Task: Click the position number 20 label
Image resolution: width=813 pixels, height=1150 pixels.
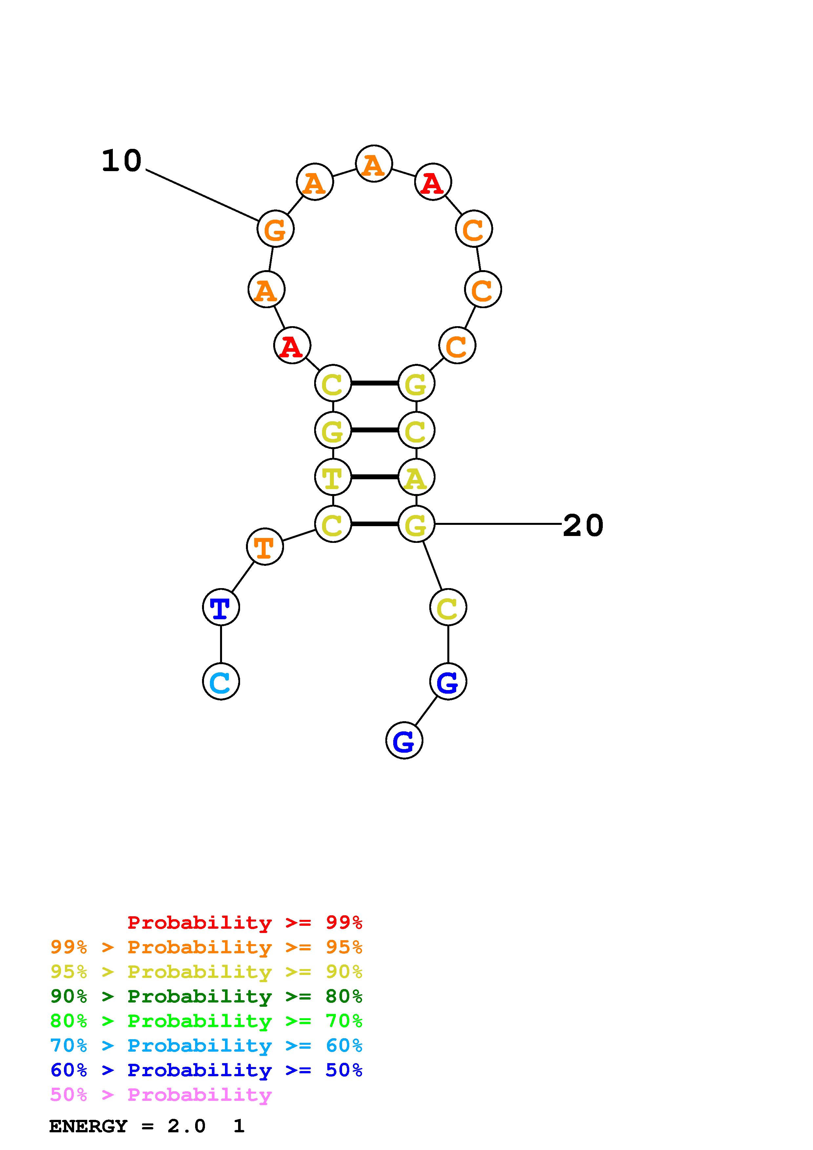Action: [x=583, y=526]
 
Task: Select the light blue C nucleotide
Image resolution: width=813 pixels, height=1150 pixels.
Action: [x=221, y=681]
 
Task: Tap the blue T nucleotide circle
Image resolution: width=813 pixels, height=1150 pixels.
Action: [x=221, y=607]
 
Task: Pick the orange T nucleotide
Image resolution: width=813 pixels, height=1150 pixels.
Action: [x=265, y=546]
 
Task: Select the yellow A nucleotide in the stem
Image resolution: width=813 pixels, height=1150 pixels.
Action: [x=416, y=477]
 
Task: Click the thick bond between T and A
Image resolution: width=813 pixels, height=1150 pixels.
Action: [x=375, y=477]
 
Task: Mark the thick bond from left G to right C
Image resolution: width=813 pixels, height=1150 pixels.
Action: [x=375, y=430]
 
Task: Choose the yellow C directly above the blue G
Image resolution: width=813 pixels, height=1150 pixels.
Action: [x=448, y=607]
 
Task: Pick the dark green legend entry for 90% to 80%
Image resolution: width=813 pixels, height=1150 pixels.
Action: [x=206, y=996]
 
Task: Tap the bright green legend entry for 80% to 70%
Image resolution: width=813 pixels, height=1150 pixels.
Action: [x=206, y=1021]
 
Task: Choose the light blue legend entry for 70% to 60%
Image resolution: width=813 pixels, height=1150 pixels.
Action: [x=206, y=1045]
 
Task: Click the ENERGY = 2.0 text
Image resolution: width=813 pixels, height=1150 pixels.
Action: [x=127, y=1126]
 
